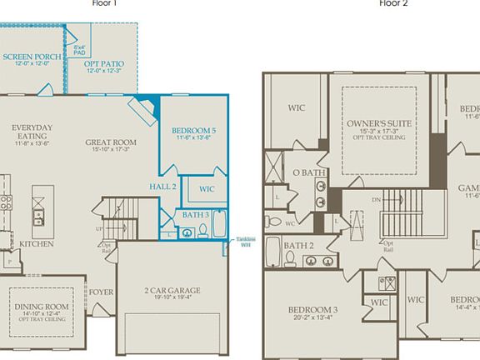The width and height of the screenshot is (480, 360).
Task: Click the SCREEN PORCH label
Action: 31,57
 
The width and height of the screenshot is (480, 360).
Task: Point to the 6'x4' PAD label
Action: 79,50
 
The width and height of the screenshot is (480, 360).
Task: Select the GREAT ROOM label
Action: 110,142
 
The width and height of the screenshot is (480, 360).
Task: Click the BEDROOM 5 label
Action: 193,131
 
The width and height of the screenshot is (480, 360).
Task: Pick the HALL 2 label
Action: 162,187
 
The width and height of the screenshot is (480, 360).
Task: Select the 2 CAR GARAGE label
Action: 172,291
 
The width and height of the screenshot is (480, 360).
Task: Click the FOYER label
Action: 102,292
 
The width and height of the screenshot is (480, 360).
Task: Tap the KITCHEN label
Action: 37,244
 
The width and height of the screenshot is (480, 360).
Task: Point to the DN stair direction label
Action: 375,202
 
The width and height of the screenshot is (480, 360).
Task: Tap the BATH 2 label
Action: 297,246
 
